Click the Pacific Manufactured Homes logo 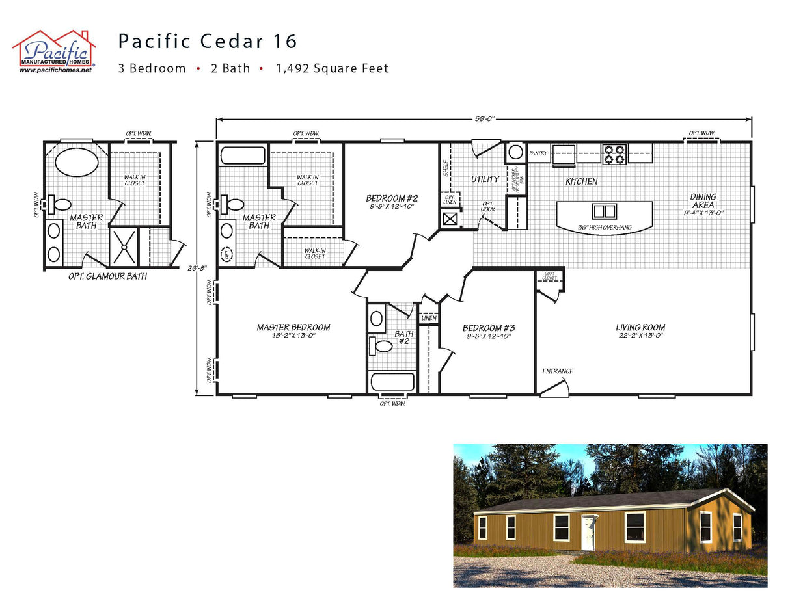(x=54, y=51)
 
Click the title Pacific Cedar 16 (x=208, y=42)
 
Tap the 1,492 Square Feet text (x=332, y=68)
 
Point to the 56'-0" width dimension (x=484, y=119)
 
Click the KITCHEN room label (x=581, y=181)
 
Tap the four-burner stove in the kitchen (x=614, y=154)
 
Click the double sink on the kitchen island (x=604, y=211)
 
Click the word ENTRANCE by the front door (x=558, y=371)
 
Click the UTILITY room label (x=485, y=179)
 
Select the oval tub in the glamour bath (x=77, y=162)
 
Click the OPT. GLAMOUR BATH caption (x=107, y=276)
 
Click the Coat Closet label (x=549, y=276)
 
